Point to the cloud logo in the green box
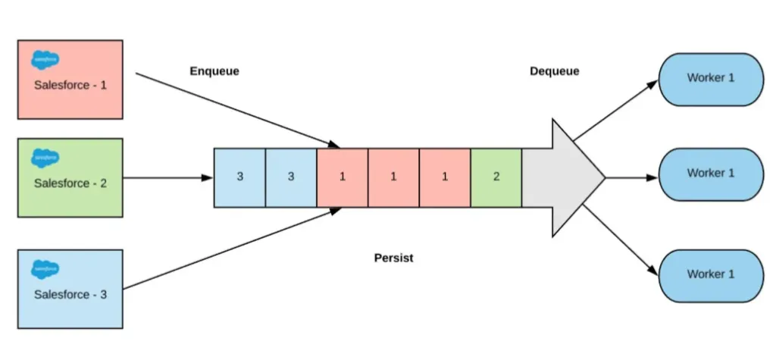pos(45,157)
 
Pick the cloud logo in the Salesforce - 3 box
pos(45,268)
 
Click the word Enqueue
pos(214,71)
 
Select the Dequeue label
pos(554,71)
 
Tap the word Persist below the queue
pos(394,258)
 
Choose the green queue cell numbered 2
pos(496,177)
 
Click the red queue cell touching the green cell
pos(444,177)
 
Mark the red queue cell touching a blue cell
pos(342,177)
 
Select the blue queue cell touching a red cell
pos(290,177)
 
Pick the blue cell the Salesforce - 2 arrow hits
pos(239,177)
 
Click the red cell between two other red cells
pos(393,177)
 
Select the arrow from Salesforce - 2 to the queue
pos(167,178)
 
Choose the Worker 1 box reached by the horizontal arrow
pos(710,174)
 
